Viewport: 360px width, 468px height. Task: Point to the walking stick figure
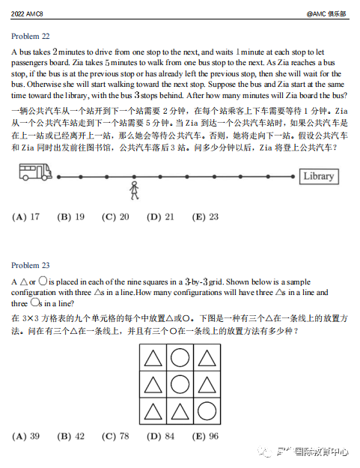tap(135, 190)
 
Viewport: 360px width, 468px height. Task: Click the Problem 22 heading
tap(31, 36)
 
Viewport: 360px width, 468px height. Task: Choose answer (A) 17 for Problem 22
tap(26, 217)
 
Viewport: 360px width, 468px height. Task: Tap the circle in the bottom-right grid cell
tap(207, 412)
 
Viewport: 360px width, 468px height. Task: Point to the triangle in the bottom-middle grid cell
tap(180, 412)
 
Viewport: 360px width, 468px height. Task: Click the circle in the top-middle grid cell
tap(180, 359)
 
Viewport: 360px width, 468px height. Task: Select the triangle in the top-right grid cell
tap(207, 359)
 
